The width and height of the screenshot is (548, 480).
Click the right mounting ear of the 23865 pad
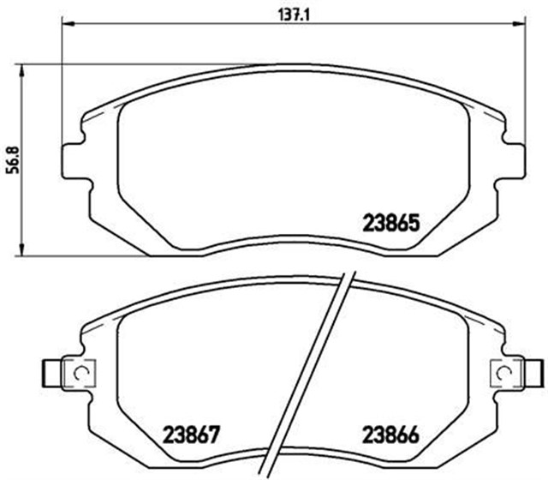510,159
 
